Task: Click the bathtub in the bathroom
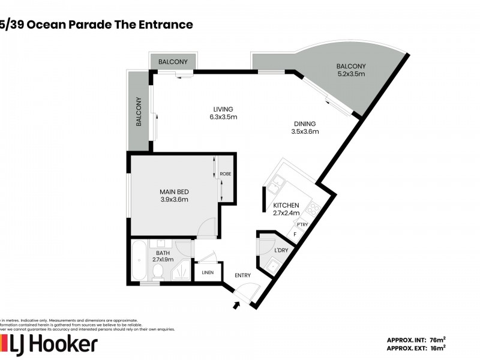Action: click(139, 260)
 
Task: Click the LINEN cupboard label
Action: click(208, 272)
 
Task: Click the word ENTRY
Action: click(243, 275)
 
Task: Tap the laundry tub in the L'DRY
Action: click(272, 265)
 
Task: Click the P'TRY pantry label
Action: click(303, 224)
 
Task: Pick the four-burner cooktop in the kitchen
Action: click(313, 209)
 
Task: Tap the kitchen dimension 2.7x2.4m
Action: click(286, 212)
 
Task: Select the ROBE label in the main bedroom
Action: click(226, 174)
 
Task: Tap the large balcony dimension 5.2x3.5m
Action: click(351, 74)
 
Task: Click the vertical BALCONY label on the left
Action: click(139, 112)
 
